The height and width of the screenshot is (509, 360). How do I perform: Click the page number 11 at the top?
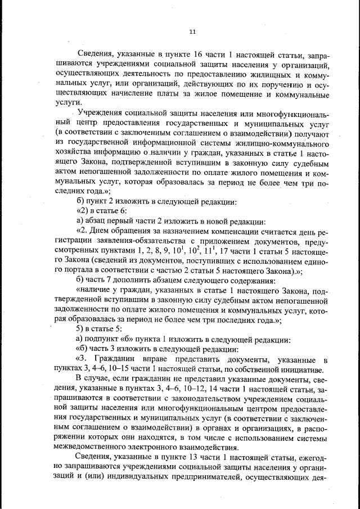(192, 31)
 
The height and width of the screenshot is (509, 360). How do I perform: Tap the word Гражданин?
(123, 359)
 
